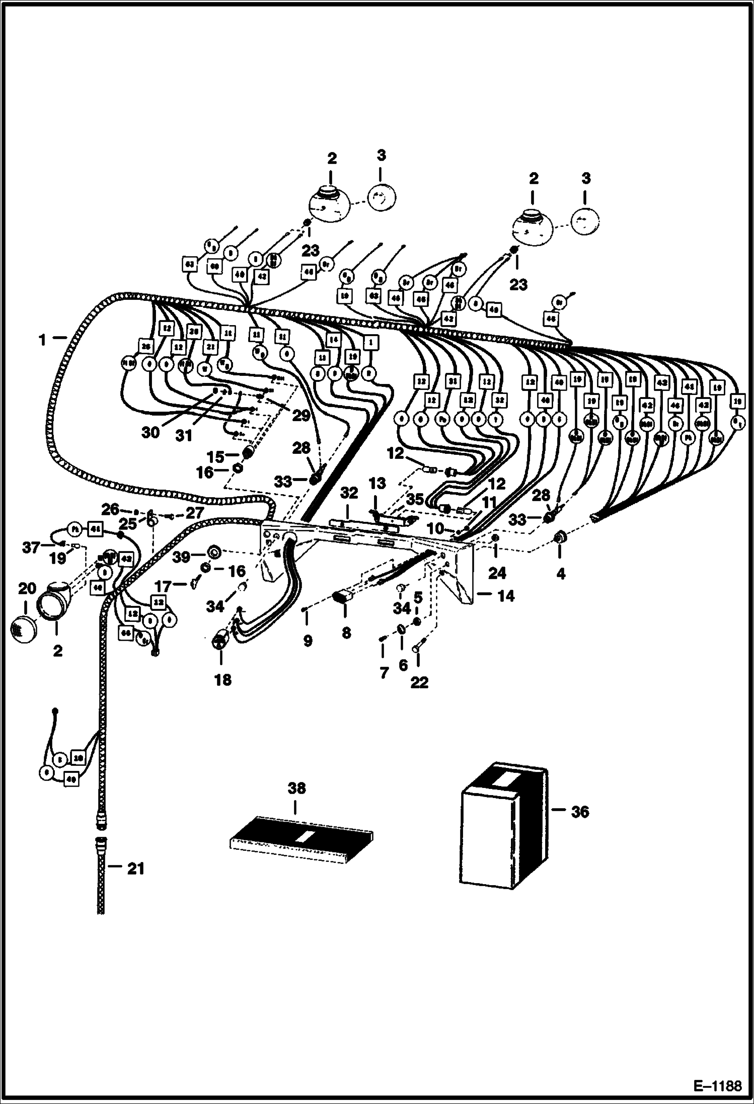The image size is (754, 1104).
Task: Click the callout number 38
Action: (x=296, y=788)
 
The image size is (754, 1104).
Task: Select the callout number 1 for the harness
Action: (x=42, y=341)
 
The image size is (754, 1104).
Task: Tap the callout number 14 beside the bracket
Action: (x=506, y=596)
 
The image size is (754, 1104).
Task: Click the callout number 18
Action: (x=222, y=680)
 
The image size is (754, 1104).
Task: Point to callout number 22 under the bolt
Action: (x=419, y=682)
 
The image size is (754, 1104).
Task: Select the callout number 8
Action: (x=346, y=633)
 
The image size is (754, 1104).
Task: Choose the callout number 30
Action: (x=150, y=432)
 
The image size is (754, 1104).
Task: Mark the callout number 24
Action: (x=496, y=573)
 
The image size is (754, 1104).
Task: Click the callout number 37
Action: (x=31, y=547)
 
